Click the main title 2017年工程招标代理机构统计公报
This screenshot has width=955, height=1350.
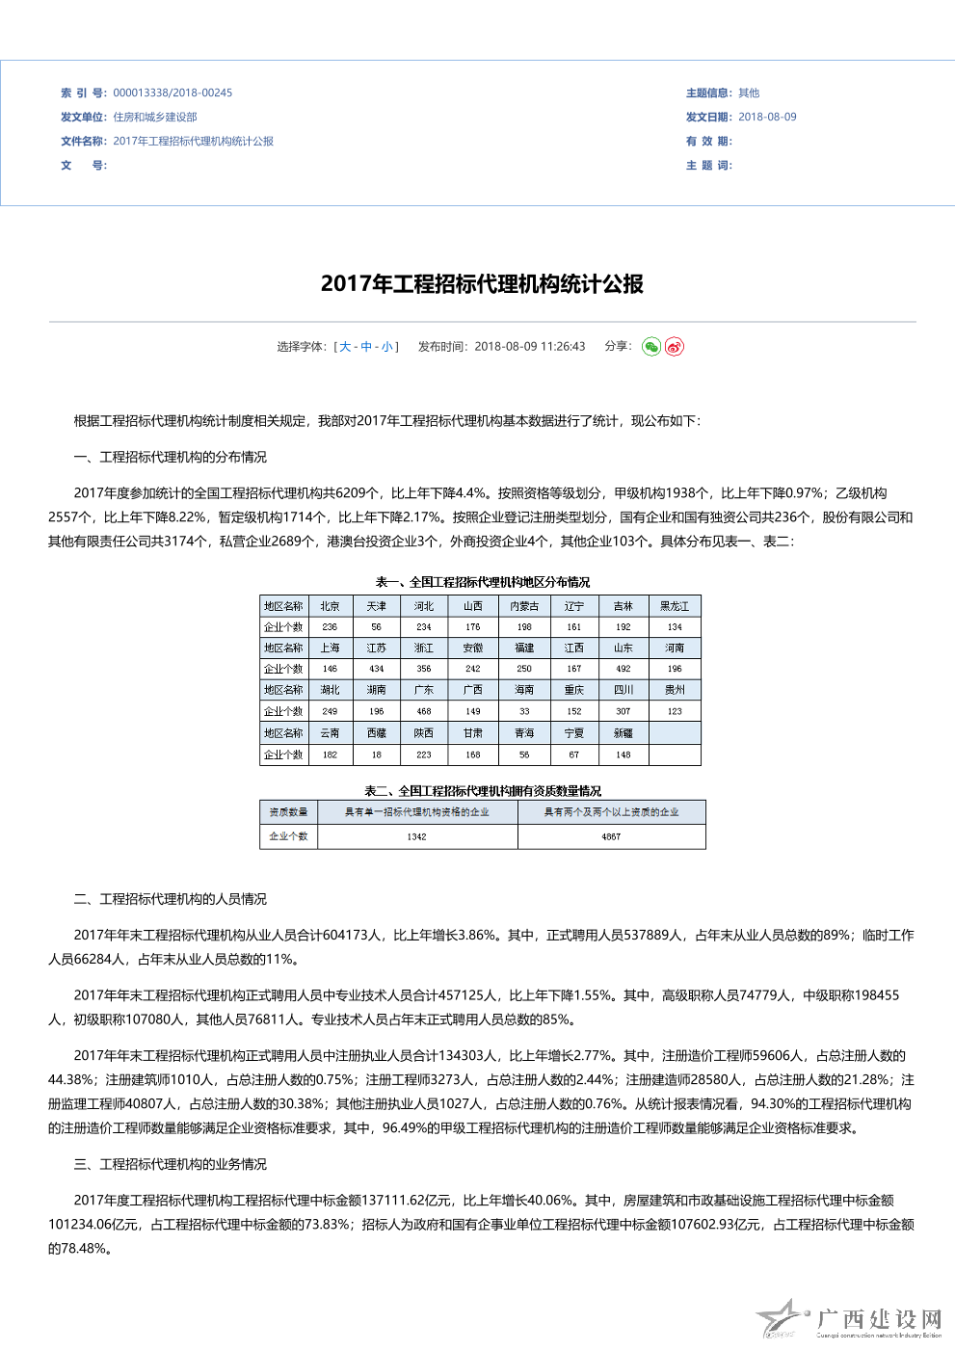point(482,284)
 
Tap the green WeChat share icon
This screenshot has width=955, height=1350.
point(651,347)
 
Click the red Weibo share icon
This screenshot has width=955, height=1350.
point(675,347)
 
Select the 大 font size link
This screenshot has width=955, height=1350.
point(345,347)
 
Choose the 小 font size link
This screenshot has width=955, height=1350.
point(386,347)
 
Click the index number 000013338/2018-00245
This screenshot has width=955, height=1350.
point(172,93)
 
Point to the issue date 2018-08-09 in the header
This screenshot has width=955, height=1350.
point(767,118)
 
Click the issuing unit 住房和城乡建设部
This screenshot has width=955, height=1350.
point(155,118)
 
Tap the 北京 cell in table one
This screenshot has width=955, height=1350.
point(330,606)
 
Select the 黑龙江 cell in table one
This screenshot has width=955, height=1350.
point(675,606)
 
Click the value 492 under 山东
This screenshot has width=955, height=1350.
point(623,669)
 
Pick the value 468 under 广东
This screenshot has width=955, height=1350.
point(424,712)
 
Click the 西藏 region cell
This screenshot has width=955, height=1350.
point(377,733)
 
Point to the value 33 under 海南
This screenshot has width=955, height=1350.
point(524,712)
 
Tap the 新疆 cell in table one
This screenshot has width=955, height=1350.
point(623,733)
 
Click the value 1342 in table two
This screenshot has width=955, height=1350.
point(416,837)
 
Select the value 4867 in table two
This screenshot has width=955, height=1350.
point(611,837)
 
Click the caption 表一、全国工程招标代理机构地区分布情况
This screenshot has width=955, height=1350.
point(482,582)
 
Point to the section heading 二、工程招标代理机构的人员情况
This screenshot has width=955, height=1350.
point(170,899)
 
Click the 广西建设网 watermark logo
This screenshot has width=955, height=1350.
point(849,1320)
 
